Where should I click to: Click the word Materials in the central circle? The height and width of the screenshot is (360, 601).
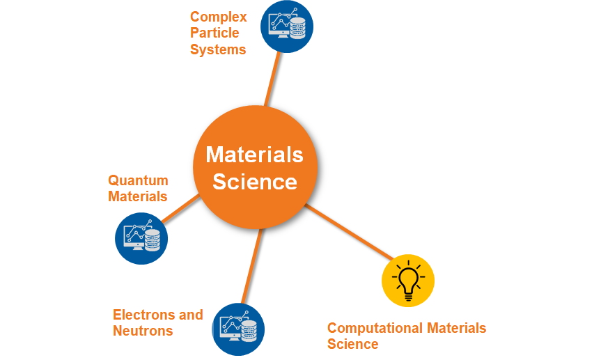click(x=255, y=154)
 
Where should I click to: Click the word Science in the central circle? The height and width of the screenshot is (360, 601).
click(x=255, y=182)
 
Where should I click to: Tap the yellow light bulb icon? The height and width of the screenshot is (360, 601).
click(x=408, y=281)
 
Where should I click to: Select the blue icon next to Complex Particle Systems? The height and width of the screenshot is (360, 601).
click(x=287, y=26)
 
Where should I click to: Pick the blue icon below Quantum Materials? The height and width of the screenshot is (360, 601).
click(x=141, y=238)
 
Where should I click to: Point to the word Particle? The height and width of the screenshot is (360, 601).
click(x=214, y=33)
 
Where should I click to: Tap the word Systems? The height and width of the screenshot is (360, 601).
click(x=218, y=49)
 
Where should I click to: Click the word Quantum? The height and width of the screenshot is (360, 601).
click(x=138, y=180)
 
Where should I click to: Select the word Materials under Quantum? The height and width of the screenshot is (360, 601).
click(x=138, y=196)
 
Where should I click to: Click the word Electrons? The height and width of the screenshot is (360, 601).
click(x=139, y=315)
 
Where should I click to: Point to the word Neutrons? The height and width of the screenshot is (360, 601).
click(x=143, y=331)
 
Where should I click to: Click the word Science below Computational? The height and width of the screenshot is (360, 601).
click(x=352, y=344)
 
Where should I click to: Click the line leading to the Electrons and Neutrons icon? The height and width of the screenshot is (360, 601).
click(x=252, y=265)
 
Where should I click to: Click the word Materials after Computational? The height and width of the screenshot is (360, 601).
click(x=456, y=328)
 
